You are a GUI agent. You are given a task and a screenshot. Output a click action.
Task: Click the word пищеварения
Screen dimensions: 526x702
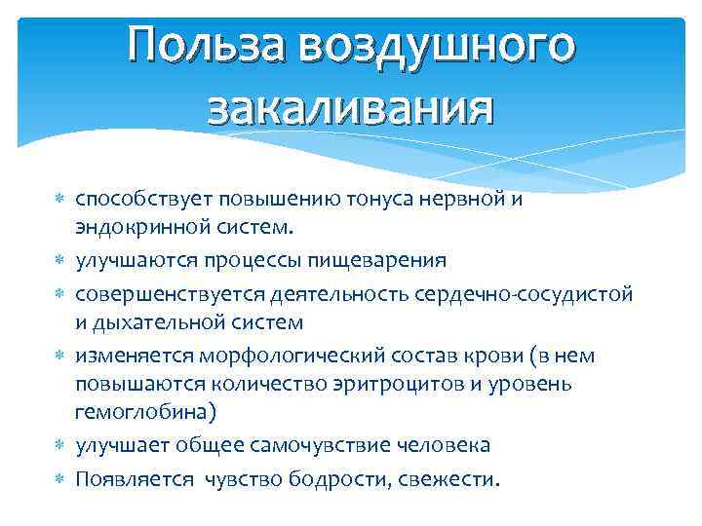384,260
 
